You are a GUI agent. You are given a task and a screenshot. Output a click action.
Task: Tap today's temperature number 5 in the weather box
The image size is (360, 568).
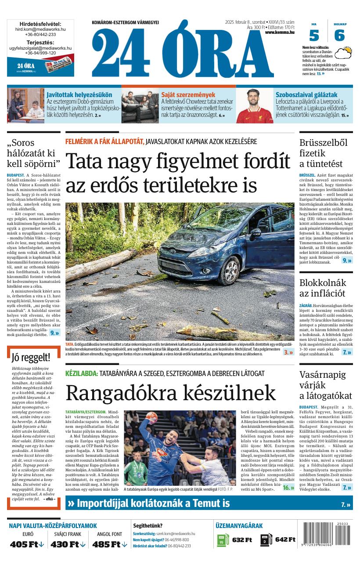[314, 35]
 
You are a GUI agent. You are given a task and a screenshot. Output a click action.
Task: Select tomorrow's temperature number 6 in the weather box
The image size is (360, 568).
[339, 35]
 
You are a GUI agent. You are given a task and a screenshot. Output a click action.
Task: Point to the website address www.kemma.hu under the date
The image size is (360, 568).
[280, 32]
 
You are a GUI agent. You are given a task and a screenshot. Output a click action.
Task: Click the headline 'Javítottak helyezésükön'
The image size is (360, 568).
[79, 94]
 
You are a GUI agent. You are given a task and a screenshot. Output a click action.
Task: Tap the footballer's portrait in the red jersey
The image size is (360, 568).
[253, 106]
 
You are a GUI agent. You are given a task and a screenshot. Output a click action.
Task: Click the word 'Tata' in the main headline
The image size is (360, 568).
[86, 161]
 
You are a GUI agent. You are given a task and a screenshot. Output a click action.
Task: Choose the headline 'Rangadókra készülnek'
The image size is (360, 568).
[170, 393]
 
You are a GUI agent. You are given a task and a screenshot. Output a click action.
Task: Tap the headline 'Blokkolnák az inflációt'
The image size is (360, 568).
[323, 288]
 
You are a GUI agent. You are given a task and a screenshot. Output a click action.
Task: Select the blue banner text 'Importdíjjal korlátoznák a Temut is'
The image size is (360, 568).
[153, 503]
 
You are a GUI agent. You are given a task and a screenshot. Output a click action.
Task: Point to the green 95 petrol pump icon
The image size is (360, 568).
[223, 540]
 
